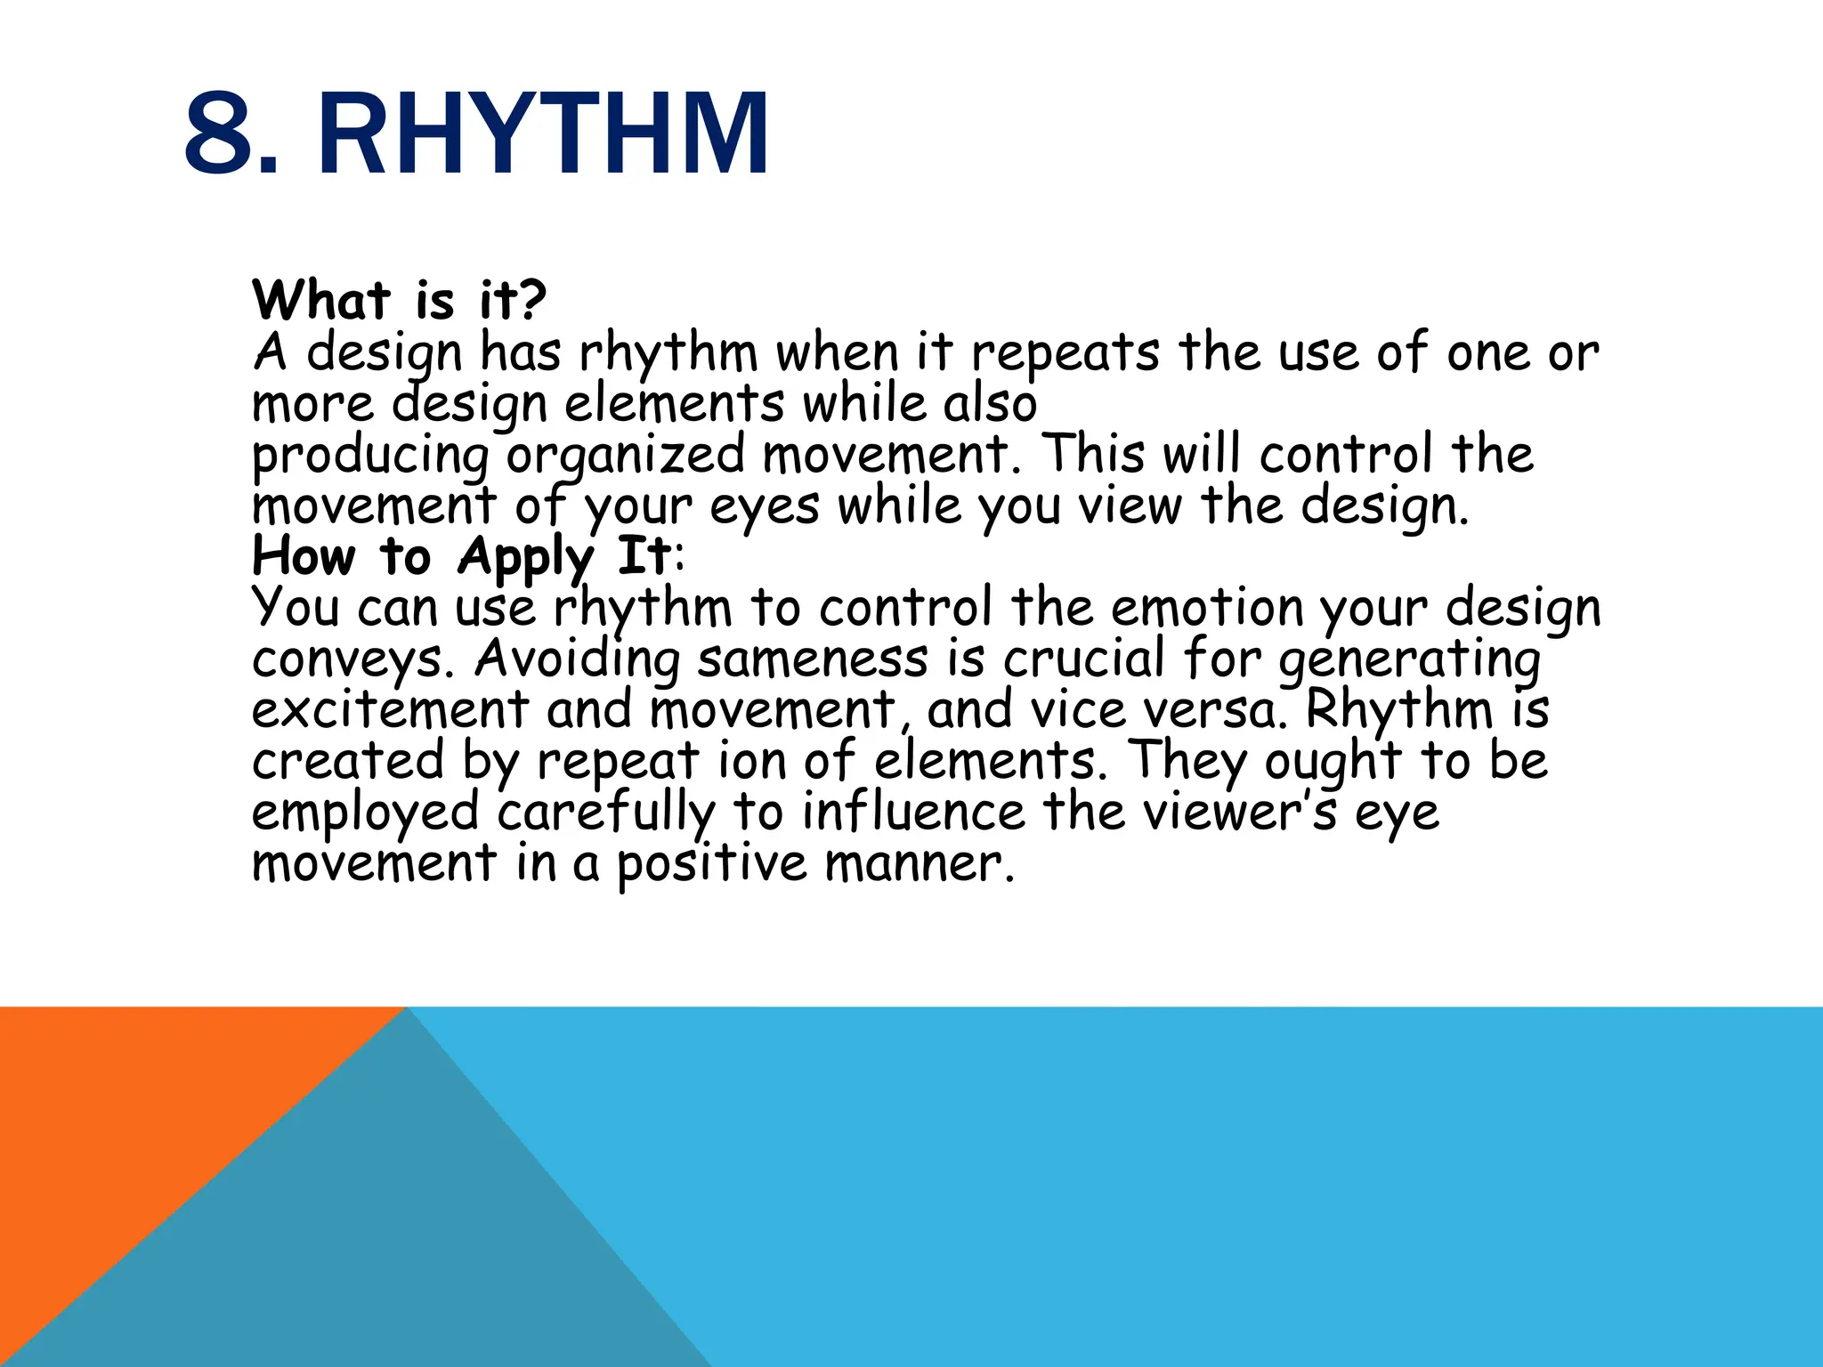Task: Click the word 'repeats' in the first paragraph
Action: [x=1065, y=354]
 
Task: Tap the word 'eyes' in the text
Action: [x=764, y=507]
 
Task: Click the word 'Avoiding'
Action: [x=577, y=660]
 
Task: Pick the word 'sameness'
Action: [x=812, y=660]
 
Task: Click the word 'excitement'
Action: [x=390, y=711]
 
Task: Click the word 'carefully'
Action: [x=605, y=813]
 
